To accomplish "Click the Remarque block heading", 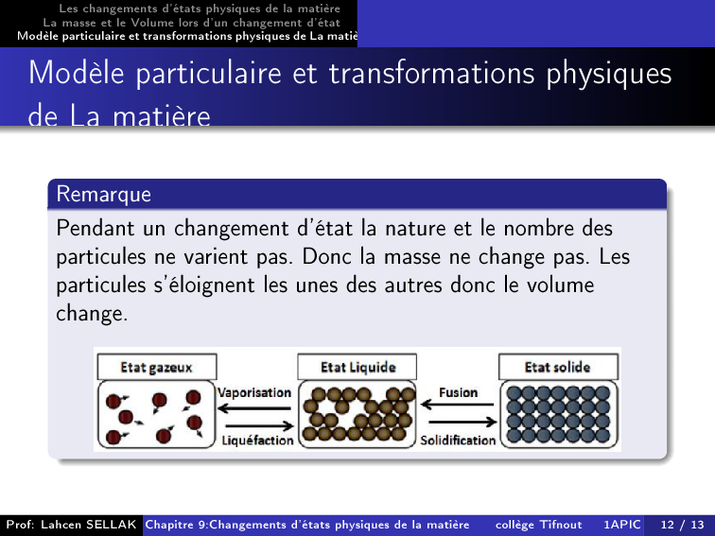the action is [103, 194].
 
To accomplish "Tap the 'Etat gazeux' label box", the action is [157, 367].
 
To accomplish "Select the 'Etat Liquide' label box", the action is [357, 367].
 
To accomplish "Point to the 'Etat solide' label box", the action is [558, 367].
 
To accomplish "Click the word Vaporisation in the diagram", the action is [254, 393].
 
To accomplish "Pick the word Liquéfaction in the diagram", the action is [257, 441].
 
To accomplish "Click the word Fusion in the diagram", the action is [459, 392].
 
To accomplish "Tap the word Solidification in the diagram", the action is [458, 441].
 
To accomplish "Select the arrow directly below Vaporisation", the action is [254, 408].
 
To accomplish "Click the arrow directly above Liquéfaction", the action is [260, 426].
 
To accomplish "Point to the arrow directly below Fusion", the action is [458, 404].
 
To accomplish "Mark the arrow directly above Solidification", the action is [462, 422].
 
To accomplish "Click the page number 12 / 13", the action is [682, 525].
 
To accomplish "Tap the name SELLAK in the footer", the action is [112, 525].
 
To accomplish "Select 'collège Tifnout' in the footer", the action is [538, 525].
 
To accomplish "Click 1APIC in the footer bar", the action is [622, 525].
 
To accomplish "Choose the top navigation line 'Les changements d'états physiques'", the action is [200, 9].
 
